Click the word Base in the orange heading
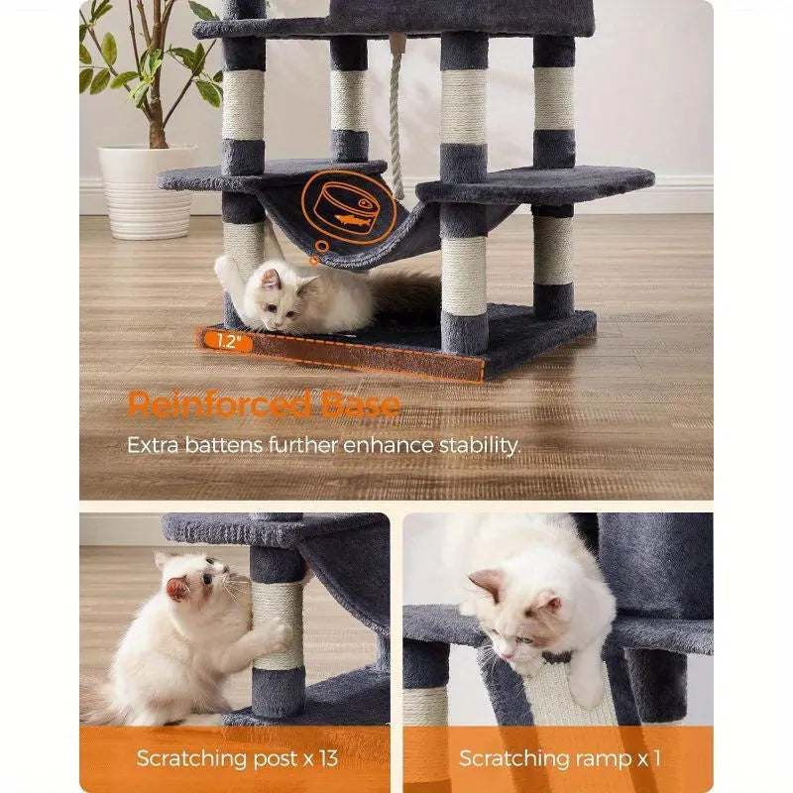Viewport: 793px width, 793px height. point(361,405)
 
